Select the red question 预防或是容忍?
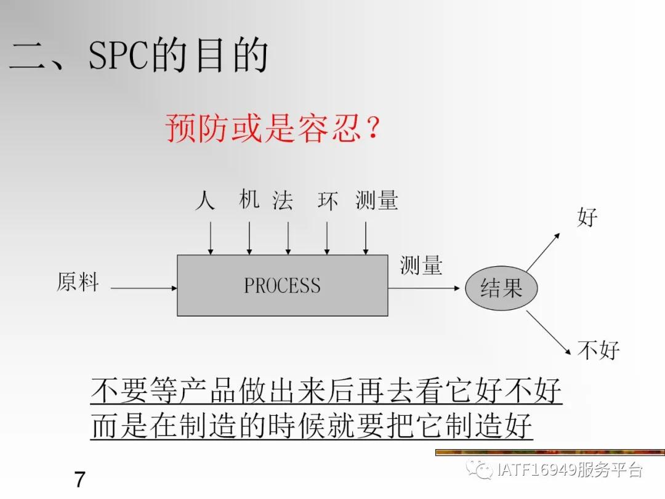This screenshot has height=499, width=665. pyautogui.click(x=272, y=129)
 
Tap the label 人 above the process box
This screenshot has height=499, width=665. pyautogui.click(x=204, y=201)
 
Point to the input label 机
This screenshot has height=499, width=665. pyautogui.click(x=249, y=200)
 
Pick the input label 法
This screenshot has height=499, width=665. pyautogui.click(x=283, y=201)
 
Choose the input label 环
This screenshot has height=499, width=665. pyautogui.click(x=328, y=201)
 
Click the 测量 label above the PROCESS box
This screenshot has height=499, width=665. pyautogui.click(x=377, y=201)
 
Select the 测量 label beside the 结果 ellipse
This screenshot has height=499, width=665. pyautogui.click(x=421, y=266)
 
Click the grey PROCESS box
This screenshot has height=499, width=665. pyautogui.click(x=283, y=286)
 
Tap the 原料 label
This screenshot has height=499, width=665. pyautogui.click(x=78, y=282)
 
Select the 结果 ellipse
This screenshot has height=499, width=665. pyautogui.click(x=501, y=288)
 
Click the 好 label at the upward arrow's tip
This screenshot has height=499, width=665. pyautogui.click(x=587, y=217)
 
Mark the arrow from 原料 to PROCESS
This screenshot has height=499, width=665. pyautogui.click(x=143, y=288)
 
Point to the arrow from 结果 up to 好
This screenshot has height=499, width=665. pyautogui.click(x=543, y=252)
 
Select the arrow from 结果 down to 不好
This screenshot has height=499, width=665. pyautogui.click(x=548, y=333)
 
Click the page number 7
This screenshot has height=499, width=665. pyautogui.click(x=79, y=479)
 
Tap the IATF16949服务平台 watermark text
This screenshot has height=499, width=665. pyautogui.click(x=569, y=470)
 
